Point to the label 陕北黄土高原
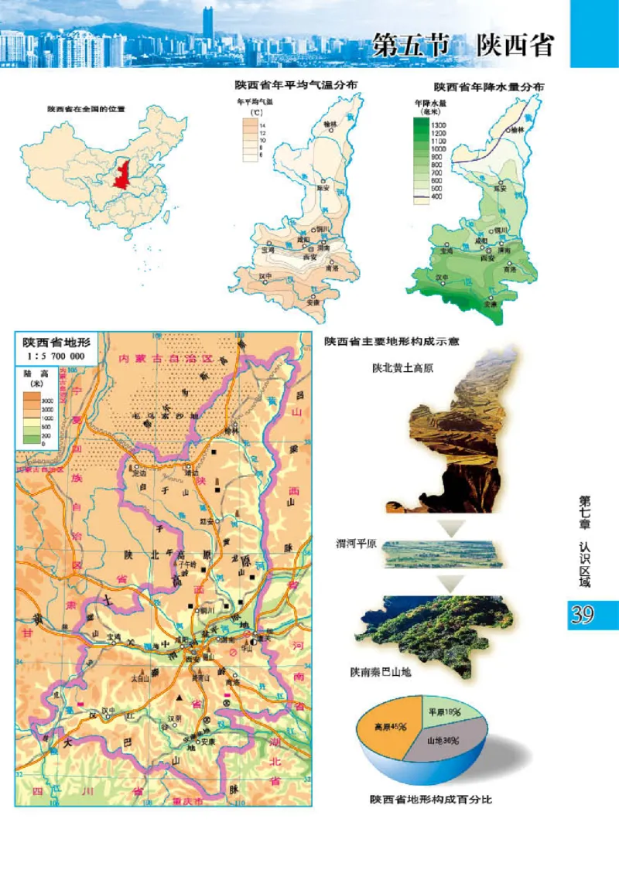click(x=402, y=368)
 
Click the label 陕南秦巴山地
click(x=380, y=672)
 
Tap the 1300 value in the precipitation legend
click(x=438, y=125)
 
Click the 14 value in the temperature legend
click(x=263, y=125)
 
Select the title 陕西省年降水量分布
click(x=488, y=87)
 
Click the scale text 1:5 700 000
click(x=56, y=356)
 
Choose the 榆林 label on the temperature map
click(x=330, y=123)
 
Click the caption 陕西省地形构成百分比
click(x=430, y=799)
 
